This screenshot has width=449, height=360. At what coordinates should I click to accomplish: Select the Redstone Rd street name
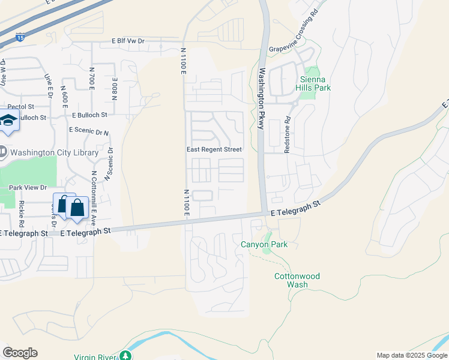(x=288, y=135)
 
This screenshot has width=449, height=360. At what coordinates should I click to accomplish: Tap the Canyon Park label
(x=264, y=244)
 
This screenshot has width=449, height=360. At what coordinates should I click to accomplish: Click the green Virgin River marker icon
(x=125, y=356)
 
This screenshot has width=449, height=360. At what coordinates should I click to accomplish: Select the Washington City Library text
(x=54, y=152)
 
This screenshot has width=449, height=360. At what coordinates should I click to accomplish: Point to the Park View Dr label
(x=28, y=188)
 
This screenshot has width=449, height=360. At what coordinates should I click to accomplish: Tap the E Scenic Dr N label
(x=89, y=130)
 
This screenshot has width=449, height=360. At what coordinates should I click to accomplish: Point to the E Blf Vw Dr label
(x=128, y=41)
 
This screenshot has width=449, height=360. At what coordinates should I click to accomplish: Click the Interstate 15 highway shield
(x=21, y=38)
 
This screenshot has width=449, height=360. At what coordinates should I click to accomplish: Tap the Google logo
(x=20, y=353)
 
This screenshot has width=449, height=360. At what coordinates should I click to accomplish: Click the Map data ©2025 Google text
(x=411, y=355)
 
